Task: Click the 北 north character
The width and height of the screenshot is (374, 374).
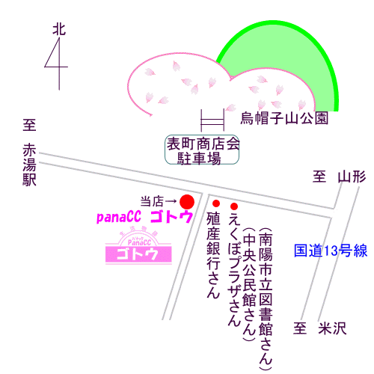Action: point(59,30)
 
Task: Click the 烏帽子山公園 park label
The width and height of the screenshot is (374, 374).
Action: point(284,118)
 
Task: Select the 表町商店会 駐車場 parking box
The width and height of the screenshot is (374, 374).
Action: point(202,150)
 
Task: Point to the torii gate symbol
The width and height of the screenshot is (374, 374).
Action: point(212,120)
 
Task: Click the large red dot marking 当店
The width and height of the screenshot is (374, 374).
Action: point(187,202)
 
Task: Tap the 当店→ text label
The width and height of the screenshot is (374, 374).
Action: point(159,201)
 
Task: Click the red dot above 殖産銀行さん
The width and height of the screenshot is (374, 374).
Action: point(216,203)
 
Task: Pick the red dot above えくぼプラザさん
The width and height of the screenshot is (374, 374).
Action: point(234,206)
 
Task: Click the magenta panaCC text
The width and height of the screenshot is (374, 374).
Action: point(119,217)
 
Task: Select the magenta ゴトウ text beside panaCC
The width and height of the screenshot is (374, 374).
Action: point(171,217)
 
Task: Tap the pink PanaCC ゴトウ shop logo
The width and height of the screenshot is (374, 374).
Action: point(138,247)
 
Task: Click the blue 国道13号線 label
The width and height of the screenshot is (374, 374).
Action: point(331,251)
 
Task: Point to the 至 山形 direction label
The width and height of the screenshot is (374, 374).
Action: point(340,177)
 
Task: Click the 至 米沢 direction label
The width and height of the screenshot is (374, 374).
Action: point(320,328)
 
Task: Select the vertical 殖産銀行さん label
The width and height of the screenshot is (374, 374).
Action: point(213,255)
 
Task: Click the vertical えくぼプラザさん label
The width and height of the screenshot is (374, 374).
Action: point(234,269)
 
